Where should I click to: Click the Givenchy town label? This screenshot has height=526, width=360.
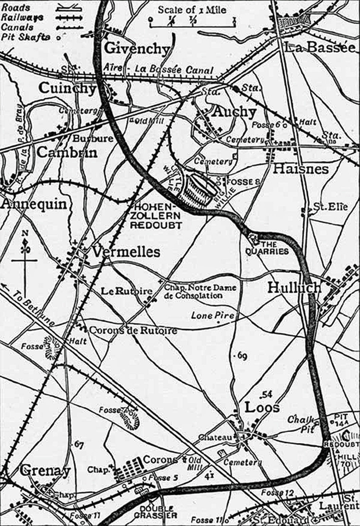137,49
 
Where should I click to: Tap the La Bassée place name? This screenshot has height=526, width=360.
320,48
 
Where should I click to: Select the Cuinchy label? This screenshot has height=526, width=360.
67,88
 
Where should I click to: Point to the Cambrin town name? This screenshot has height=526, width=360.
67,152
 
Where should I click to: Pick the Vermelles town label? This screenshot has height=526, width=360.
126,252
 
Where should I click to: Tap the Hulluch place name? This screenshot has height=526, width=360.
294,288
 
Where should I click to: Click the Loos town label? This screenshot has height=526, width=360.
262,407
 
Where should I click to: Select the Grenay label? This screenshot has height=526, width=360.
45,471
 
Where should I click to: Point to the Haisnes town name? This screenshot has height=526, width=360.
301,169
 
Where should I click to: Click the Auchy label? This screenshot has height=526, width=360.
234,112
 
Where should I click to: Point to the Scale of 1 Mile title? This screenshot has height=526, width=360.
192,10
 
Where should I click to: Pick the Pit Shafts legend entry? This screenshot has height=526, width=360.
25,37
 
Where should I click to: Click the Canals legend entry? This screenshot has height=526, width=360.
18,27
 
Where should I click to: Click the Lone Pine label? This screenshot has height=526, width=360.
213,316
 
